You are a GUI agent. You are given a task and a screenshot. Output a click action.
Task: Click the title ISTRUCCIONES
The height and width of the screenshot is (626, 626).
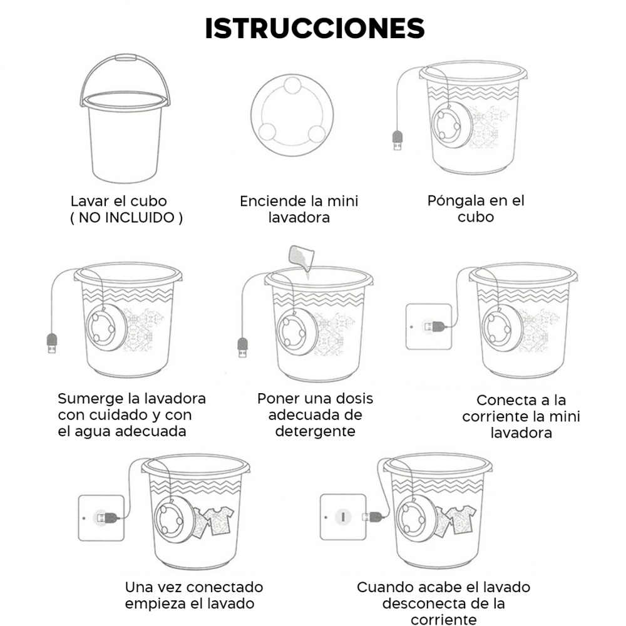(315, 28)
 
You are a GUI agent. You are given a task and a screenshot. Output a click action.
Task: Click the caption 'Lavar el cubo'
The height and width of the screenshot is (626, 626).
(118, 201)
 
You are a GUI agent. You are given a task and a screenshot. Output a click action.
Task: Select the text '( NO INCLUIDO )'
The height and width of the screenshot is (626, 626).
(126, 218)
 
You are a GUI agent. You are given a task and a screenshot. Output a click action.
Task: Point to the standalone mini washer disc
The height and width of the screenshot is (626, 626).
(292, 115)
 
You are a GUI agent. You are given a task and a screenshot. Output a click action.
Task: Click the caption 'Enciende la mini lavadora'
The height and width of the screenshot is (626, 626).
(299, 209)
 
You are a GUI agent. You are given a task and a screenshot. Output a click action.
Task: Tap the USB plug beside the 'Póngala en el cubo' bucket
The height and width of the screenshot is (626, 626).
(398, 140)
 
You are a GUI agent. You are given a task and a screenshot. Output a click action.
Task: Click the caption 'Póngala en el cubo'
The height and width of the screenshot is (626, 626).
(476, 208)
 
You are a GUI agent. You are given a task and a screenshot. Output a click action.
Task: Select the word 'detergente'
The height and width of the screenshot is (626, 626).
(315, 431)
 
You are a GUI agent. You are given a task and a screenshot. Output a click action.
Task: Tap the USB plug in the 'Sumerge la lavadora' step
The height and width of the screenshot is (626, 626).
(52, 343)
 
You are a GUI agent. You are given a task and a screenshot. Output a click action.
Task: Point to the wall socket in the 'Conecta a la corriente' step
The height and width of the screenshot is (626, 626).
(429, 327)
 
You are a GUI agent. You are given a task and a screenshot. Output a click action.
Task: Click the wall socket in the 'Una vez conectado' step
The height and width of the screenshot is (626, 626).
(101, 518)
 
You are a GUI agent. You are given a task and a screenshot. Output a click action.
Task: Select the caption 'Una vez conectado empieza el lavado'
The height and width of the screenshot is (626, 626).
(194, 595)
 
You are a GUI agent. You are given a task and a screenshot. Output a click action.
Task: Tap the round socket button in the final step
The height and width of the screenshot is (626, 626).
(343, 517)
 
